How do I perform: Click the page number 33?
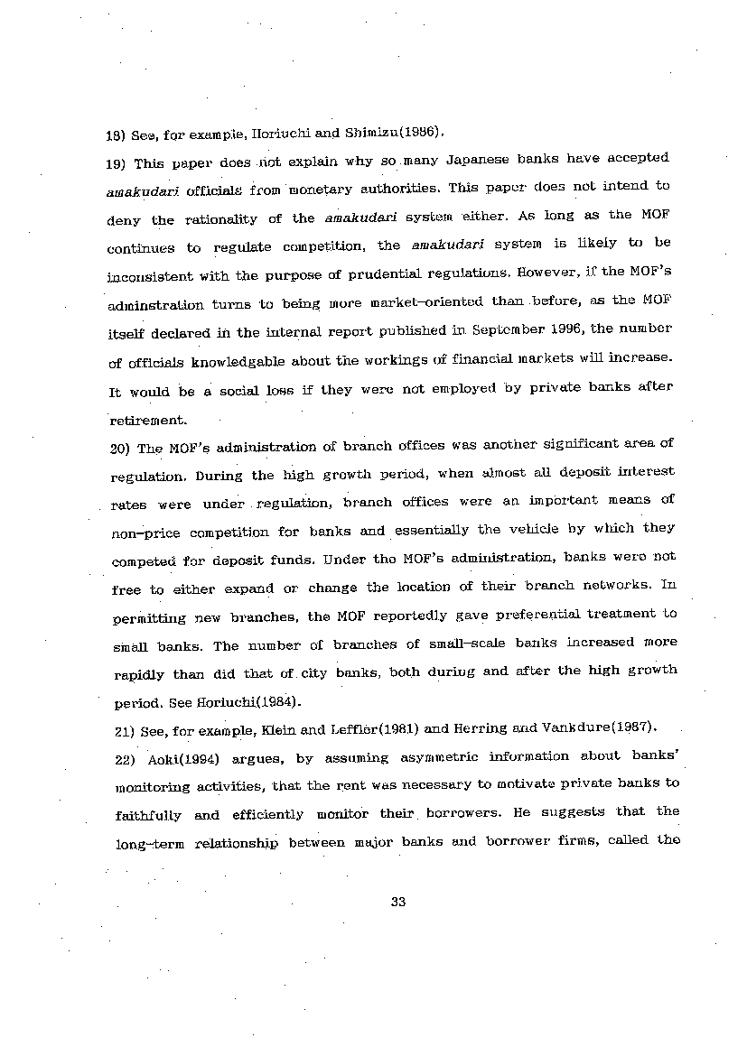(x=398, y=906)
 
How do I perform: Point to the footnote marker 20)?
(x=121, y=448)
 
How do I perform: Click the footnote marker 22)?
(x=120, y=758)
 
